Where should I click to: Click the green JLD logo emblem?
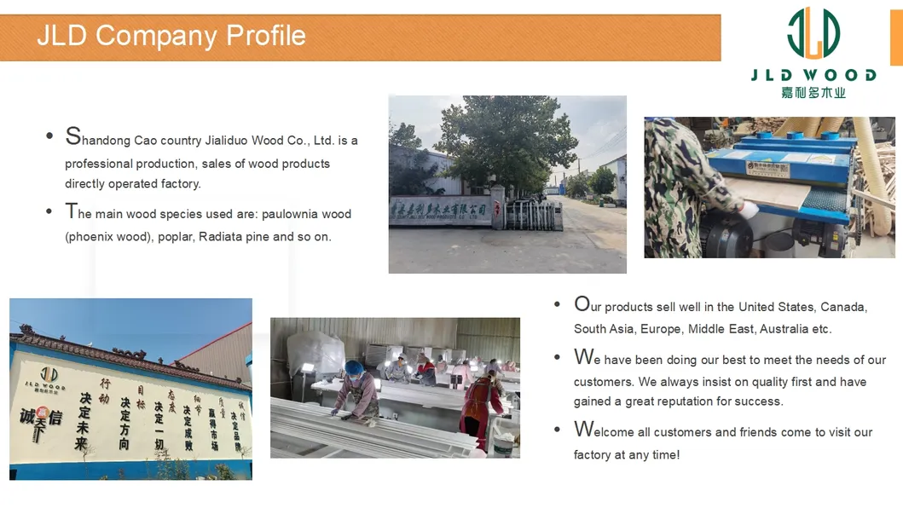click(x=813, y=33)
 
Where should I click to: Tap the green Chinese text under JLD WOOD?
click(x=813, y=92)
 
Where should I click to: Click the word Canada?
click(x=843, y=307)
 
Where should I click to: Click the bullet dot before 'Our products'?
click(x=557, y=305)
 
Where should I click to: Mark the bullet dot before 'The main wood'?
click(x=49, y=211)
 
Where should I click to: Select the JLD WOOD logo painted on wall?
click(x=50, y=378)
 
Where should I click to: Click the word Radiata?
click(x=221, y=237)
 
